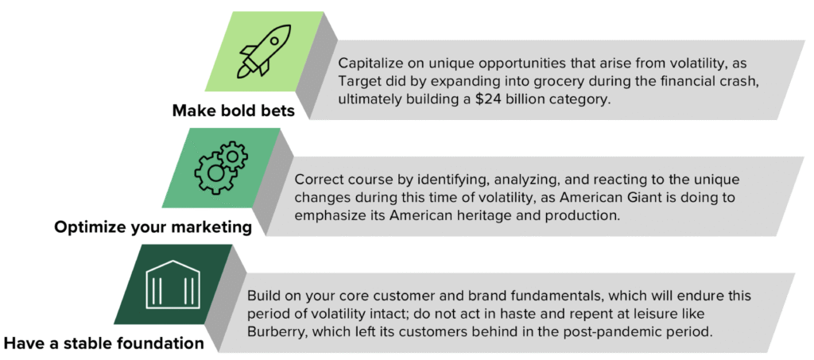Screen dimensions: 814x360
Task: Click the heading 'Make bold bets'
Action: tap(234, 111)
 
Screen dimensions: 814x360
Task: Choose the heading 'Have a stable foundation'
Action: tap(104, 343)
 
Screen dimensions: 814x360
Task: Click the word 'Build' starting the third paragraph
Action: tap(262, 296)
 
